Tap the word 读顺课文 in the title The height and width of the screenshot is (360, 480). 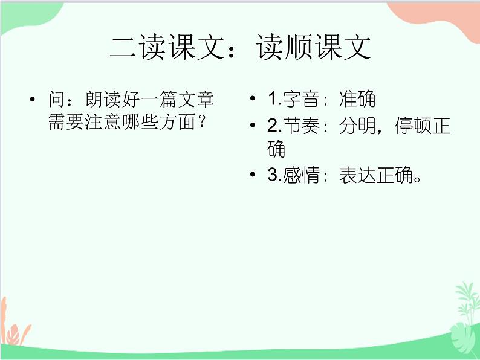point(313,48)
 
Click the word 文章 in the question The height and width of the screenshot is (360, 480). point(195,100)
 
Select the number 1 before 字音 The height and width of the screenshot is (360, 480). point(272,100)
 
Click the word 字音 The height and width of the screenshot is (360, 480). point(300,100)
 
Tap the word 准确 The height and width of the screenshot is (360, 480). point(357,100)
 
